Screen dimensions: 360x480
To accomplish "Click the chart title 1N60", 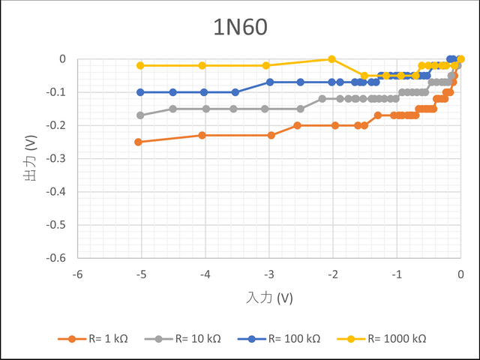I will pos(240,28).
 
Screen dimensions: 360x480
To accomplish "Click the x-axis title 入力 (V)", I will pos(269,298).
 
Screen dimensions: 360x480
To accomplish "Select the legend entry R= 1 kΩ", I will pos(93,338).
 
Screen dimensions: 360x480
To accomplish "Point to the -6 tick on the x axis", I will pos(76,274).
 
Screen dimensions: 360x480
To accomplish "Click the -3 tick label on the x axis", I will pos(268,274).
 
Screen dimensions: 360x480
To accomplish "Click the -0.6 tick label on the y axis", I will pos(56,257).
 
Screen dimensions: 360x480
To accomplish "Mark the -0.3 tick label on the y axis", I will pos(56,158).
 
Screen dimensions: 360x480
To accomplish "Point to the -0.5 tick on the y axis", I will pos(56,224).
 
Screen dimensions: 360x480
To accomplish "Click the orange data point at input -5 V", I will pos(138,142).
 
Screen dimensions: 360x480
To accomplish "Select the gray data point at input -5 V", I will pos(140,115).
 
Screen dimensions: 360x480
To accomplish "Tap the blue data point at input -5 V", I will pos(140,92).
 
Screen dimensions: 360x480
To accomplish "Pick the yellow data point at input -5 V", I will pos(140,66).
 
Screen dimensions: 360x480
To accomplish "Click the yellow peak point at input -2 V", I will pos(331,59).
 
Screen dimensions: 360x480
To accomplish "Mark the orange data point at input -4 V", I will pos(202,135).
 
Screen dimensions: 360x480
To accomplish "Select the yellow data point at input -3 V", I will pos(266,66).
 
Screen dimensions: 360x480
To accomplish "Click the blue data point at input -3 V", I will pos(269,82).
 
